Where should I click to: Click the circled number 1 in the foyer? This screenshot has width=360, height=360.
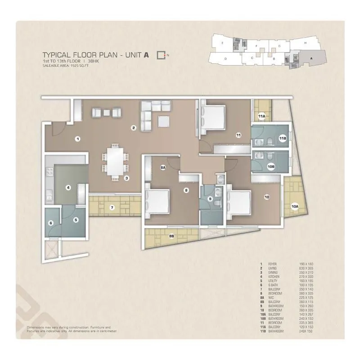click(x=78, y=139)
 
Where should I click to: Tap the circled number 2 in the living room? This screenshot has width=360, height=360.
click(x=134, y=128)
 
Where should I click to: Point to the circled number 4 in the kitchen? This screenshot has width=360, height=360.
click(x=68, y=188)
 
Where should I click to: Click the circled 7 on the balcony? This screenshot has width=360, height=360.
click(x=112, y=207)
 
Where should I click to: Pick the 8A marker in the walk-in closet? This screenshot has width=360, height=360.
click(x=163, y=167)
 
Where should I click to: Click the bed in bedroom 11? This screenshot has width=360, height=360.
click(x=214, y=118)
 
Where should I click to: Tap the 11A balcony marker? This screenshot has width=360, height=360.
click(x=261, y=117)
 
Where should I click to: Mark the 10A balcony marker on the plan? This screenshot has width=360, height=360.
click(x=295, y=207)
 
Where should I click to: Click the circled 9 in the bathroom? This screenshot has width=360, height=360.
click(x=210, y=198)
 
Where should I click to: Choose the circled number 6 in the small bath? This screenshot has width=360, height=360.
click(x=51, y=223)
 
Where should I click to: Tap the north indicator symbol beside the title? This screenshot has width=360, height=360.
click(x=162, y=55)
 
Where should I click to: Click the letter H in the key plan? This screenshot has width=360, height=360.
click(x=305, y=43)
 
